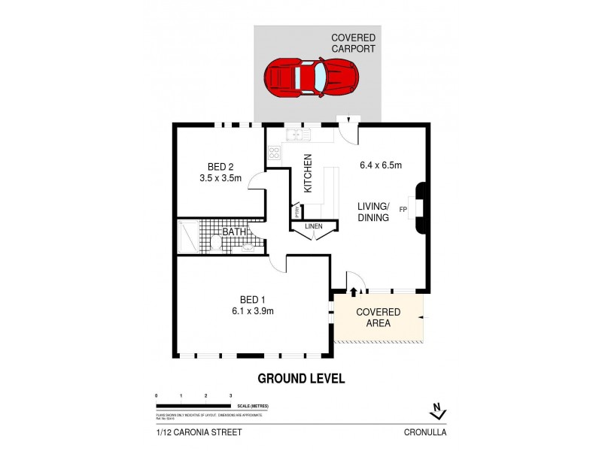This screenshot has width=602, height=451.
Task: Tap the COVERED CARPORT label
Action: click(353, 43)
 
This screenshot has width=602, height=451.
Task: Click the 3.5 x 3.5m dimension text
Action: click(220, 179)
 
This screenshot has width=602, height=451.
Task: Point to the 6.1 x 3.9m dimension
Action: click(252, 311)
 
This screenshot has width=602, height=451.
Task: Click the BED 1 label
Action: click(252, 299)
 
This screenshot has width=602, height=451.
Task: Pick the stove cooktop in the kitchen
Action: click(273, 153)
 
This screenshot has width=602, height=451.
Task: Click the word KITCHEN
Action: click(307, 174)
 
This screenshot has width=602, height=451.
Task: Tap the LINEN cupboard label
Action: click(315, 225)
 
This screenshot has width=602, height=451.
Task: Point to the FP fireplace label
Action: click(403, 209)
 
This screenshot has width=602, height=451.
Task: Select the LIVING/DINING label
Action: click(373, 212)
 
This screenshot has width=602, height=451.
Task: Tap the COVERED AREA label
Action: click(378, 318)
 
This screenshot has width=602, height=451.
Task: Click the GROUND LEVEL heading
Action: click(301, 379)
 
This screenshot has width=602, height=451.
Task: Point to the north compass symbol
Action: click(436, 411)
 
